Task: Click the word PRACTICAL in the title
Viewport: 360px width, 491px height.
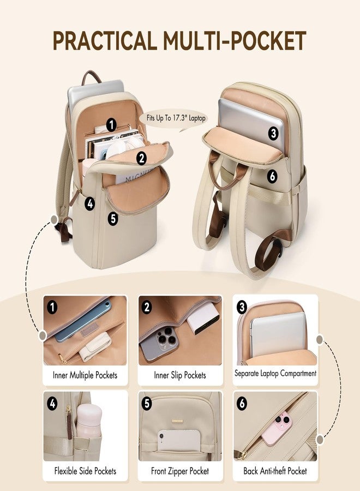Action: (x=105, y=41)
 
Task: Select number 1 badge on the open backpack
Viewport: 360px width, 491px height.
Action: (x=111, y=125)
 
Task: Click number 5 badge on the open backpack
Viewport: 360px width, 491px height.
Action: (x=113, y=218)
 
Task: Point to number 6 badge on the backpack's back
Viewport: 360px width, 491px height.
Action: (x=272, y=176)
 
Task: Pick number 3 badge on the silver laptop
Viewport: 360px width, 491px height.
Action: (x=273, y=133)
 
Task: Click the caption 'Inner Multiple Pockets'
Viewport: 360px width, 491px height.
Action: (x=85, y=375)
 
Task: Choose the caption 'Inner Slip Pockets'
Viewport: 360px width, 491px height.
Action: (x=180, y=375)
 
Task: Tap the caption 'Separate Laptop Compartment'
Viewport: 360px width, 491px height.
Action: (x=275, y=373)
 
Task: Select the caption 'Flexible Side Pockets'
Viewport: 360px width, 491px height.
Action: (x=85, y=471)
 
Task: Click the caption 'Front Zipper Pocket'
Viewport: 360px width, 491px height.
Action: (x=179, y=471)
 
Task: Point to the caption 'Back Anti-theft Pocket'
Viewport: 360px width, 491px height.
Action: (x=275, y=471)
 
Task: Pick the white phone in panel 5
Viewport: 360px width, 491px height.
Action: (x=179, y=440)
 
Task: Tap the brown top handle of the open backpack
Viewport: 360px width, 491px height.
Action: (x=92, y=77)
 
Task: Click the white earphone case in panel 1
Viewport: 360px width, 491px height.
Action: (x=94, y=346)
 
